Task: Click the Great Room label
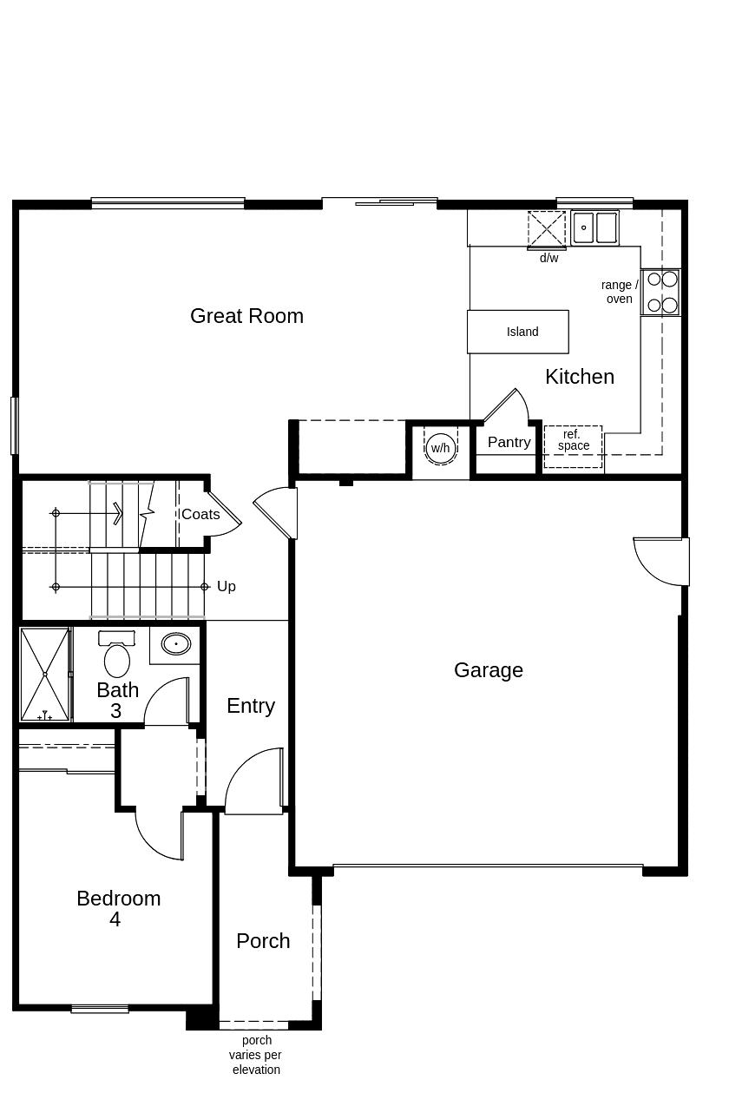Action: tap(246, 316)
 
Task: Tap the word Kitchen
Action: tap(580, 377)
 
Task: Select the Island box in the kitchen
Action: tap(518, 332)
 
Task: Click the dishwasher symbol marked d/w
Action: tap(547, 229)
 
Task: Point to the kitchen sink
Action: tap(594, 227)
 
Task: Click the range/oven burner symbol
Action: tap(661, 293)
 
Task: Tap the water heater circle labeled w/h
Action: tap(441, 448)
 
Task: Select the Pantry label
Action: tap(509, 442)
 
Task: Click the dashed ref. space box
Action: tap(573, 446)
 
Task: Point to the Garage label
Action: tap(489, 670)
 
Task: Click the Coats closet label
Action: tap(200, 514)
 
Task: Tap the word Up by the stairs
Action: tap(227, 587)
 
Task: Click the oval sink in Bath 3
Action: tap(176, 644)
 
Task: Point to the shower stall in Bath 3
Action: tap(44, 675)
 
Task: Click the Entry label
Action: tap(251, 707)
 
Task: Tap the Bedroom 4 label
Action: tap(118, 908)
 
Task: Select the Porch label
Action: tap(263, 941)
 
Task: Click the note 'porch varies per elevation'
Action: tap(256, 1055)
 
